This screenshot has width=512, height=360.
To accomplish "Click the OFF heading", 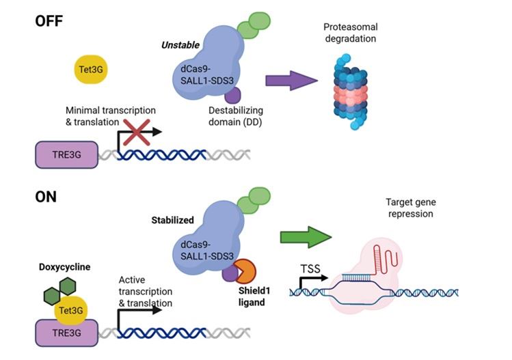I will [49, 20].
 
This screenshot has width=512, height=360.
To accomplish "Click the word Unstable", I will [180, 45].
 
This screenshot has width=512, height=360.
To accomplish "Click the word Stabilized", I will [174, 221].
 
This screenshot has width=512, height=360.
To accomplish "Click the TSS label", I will [310, 268].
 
